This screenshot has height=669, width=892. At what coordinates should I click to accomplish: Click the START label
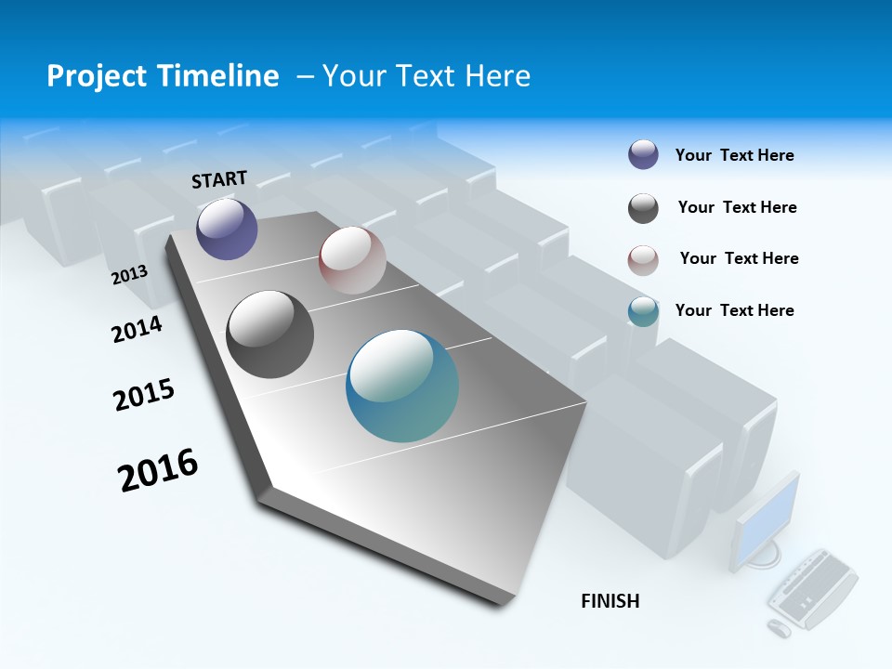[x=219, y=179]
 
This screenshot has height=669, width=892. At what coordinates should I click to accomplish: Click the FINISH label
[x=610, y=601]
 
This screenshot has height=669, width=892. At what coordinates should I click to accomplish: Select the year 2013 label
[x=129, y=274]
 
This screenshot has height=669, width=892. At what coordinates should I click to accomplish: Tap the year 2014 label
[x=138, y=329]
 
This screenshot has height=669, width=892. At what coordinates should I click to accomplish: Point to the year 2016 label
[x=158, y=470]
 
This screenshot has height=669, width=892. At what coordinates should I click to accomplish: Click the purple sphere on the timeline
[x=227, y=229]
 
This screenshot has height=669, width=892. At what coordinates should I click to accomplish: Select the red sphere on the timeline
[x=352, y=260]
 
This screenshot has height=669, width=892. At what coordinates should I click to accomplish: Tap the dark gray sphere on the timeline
[x=270, y=334]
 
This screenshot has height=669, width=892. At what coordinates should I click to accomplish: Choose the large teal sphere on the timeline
[x=402, y=386]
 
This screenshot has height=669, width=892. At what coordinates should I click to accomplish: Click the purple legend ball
[x=643, y=154]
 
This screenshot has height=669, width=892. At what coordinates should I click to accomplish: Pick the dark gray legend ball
[x=643, y=208]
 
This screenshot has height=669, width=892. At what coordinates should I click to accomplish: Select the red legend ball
[x=643, y=260]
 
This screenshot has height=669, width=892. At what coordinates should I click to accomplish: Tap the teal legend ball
[x=643, y=311]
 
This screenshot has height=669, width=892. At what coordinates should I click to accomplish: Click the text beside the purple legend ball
[x=734, y=155]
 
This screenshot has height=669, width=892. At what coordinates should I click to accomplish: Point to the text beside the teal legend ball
[x=734, y=310]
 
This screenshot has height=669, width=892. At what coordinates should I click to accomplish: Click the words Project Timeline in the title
[x=163, y=76]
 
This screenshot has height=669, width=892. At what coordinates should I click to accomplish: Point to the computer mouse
[x=779, y=628]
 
